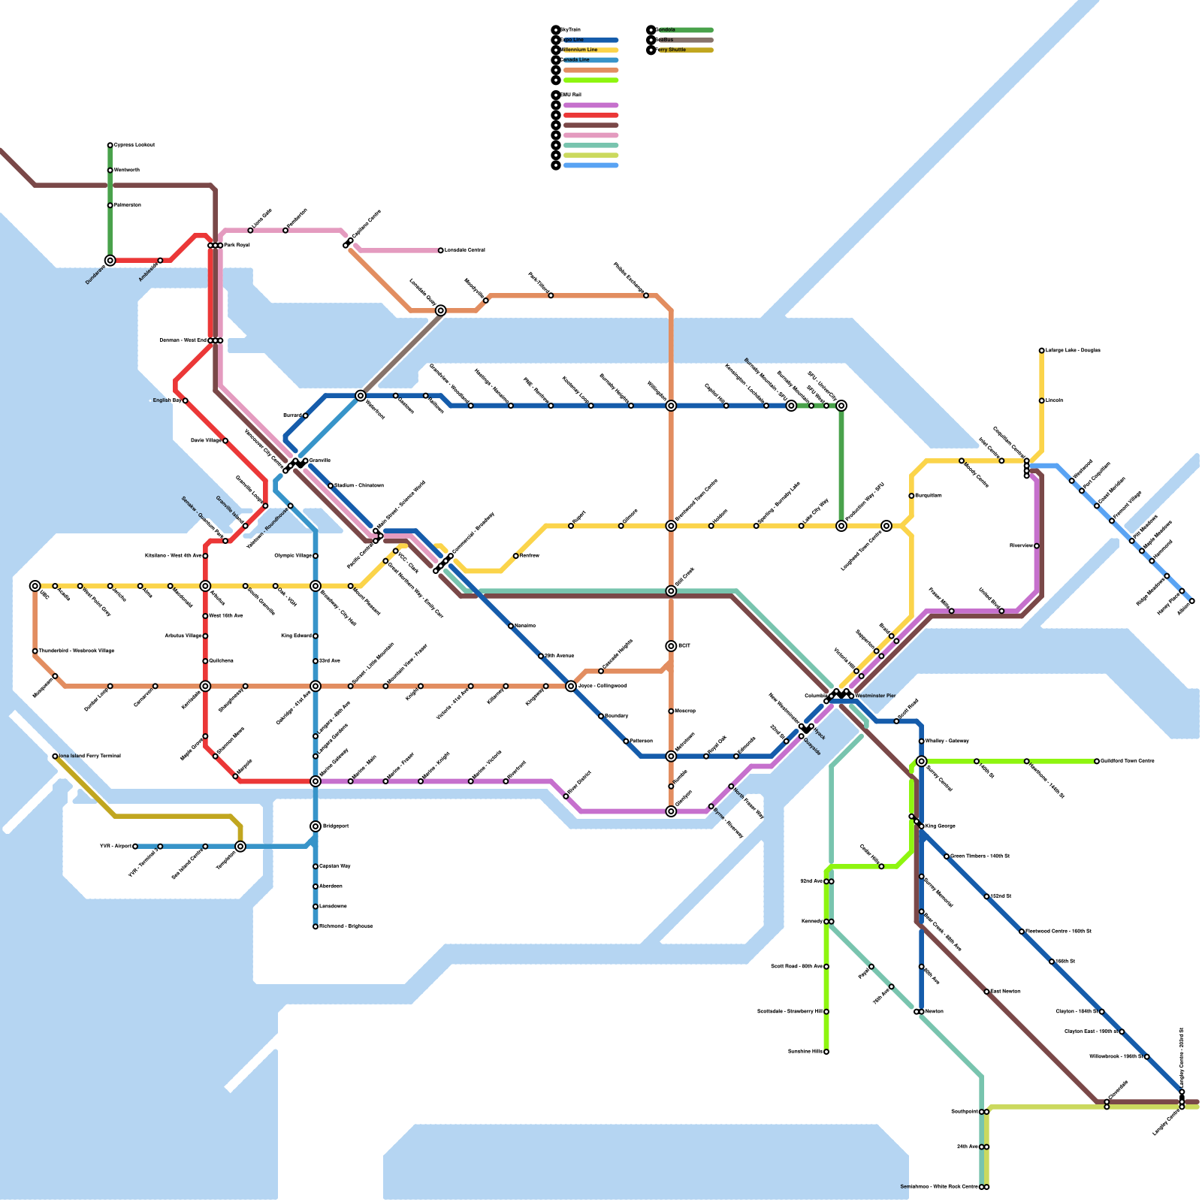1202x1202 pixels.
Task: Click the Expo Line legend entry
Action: point(590,40)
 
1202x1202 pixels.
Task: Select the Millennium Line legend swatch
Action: point(590,50)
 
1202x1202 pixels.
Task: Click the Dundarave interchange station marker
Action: point(110,261)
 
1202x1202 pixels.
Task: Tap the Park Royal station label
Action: point(237,245)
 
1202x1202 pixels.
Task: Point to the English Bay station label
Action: point(167,400)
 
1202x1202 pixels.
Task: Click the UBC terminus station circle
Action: point(35,586)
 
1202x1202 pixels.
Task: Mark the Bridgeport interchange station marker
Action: point(316,826)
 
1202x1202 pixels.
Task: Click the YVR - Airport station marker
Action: point(135,847)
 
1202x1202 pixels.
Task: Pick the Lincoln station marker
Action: point(1042,400)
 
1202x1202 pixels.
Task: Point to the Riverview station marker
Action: point(1037,546)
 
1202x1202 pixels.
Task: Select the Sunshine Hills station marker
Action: point(826,1052)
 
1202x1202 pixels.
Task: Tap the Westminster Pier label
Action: point(875,696)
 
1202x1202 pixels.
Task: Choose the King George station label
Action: point(941,826)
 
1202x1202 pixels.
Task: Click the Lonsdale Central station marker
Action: point(441,250)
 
